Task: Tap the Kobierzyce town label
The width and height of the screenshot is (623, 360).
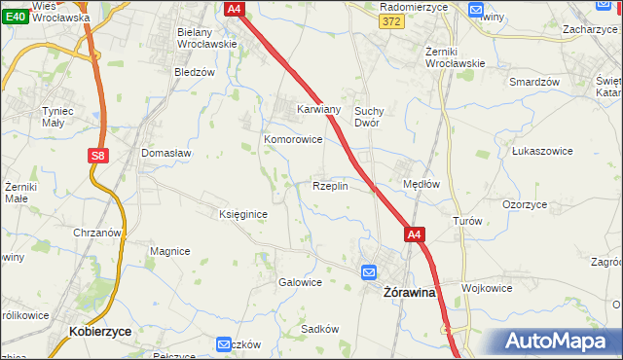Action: [x=100, y=332]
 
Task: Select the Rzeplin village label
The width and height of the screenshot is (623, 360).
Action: [x=330, y=186]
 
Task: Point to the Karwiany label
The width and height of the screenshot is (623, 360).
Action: [x=318, y=110]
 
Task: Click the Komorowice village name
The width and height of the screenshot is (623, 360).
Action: [x=293, y=139]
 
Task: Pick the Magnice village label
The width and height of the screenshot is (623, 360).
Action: [x=169, y=251]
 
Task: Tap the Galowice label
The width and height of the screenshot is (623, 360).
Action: [x=301, y=282]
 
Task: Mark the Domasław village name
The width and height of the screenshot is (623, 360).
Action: [x=166, y=153]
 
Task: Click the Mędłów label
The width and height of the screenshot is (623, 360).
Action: [x=422, y=183]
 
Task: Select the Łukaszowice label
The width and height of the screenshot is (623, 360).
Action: [x=540, y=152]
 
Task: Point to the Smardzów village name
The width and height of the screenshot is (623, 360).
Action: [x=534, y=82]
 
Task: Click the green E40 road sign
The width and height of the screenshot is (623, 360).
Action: [x=14, y=18]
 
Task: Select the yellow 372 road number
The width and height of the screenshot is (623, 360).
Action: [x=392, y=21]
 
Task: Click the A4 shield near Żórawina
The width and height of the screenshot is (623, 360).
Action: [x=415, y=234]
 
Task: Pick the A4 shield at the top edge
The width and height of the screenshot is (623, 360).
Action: [x=234, y=9]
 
